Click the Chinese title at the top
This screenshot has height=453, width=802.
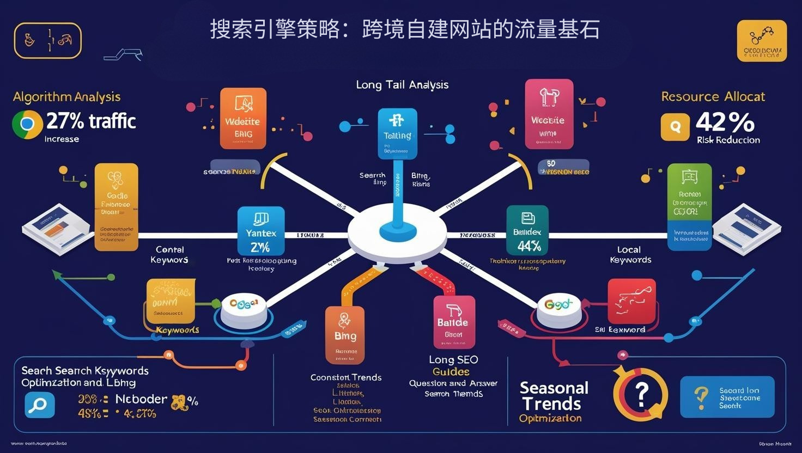coord(404,29)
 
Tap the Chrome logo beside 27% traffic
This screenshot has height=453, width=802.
coord(27,124)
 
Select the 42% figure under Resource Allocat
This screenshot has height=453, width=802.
coord(725,122)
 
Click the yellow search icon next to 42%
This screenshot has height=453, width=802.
coord(675,127)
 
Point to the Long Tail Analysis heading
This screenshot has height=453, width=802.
coord(402,85)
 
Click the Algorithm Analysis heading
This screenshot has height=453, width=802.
coord(66,97)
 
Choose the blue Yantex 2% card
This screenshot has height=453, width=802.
coord(261,231)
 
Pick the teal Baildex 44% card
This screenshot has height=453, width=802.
coord(527,230)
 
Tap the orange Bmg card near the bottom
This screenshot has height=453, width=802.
coord(345,334)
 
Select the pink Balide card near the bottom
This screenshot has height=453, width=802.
coord(454,322)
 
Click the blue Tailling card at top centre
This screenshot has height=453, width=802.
coord(398,133)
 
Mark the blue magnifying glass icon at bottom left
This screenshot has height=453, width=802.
coord(40,405)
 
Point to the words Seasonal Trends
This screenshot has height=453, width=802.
coord(554,396)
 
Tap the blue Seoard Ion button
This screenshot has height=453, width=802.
coord(727,397)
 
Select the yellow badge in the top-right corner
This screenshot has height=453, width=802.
coord(761,41)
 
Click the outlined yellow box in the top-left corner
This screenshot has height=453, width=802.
coord(48,40)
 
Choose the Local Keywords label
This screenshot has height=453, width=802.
coord(630,255)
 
